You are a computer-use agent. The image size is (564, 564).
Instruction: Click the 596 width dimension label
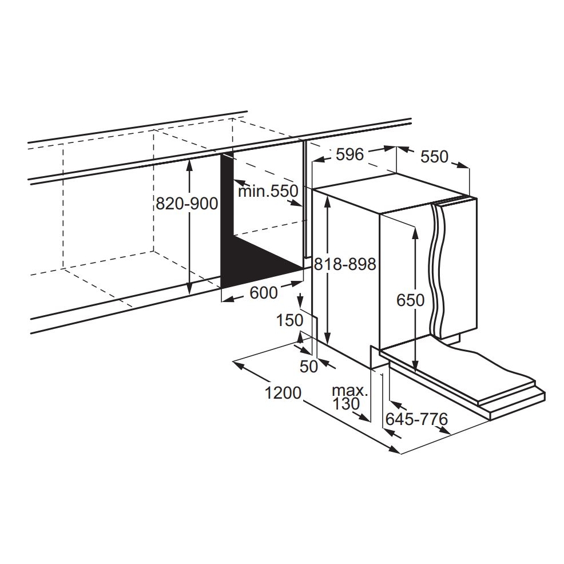[x=350, y=154]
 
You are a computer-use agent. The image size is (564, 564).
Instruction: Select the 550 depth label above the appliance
[x=435, y=157]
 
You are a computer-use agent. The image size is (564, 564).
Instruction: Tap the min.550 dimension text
[x=268, y=191]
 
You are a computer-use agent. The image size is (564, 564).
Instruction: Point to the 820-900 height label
[x=186, y=204]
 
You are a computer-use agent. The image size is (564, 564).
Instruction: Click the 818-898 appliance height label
[x=345, y=264]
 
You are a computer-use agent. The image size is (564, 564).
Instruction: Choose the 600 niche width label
[x=264, y=293]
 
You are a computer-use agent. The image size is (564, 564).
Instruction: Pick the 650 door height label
[x=410, y=300]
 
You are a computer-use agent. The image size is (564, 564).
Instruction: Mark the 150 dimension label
[x=290, y=320]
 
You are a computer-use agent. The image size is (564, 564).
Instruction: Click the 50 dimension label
[x=309, y=367]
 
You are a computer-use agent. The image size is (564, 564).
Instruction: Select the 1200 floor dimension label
[x=283, y=393]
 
